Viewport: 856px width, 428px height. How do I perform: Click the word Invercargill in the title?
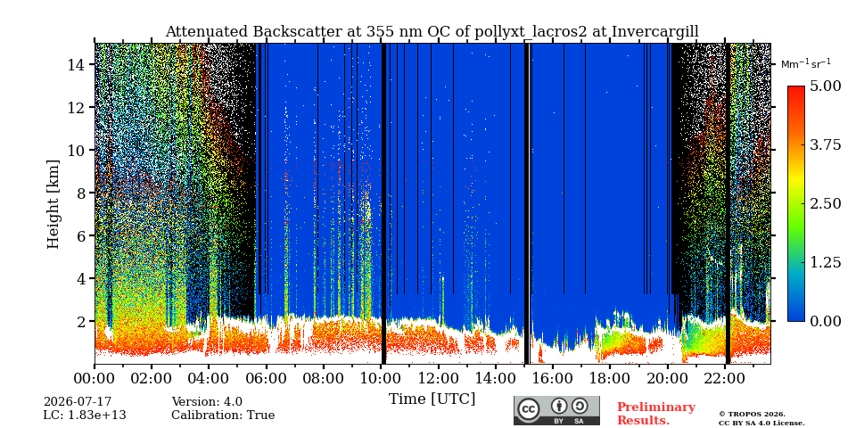tap(654, 32)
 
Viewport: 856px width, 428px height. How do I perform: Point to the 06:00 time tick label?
tap(267, 378)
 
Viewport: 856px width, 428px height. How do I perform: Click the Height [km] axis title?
tap(53, 204)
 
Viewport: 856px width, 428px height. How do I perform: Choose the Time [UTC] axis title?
tap(432, 399)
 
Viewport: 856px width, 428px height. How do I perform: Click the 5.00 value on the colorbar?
tap(825, 86)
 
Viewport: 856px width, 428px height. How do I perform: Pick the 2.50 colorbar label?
tap(825, 203)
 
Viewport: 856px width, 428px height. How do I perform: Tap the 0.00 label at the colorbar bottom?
tap(825, 321)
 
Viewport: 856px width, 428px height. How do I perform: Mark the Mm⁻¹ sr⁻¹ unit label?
tap(806, 63)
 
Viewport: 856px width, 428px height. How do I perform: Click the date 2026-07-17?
tap(78, 402)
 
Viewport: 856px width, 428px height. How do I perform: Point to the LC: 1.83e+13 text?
tap(85, 416)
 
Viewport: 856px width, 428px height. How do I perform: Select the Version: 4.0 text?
tap(207, 402)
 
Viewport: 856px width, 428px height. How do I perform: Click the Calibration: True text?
tap(223, 416)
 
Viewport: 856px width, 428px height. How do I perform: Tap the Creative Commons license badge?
tap(556, 410)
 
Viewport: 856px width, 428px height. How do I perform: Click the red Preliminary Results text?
tap(656, 414)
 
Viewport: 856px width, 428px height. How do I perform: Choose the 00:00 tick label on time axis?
tap(95, 378)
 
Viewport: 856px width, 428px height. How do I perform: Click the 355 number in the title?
tap(366, 32)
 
